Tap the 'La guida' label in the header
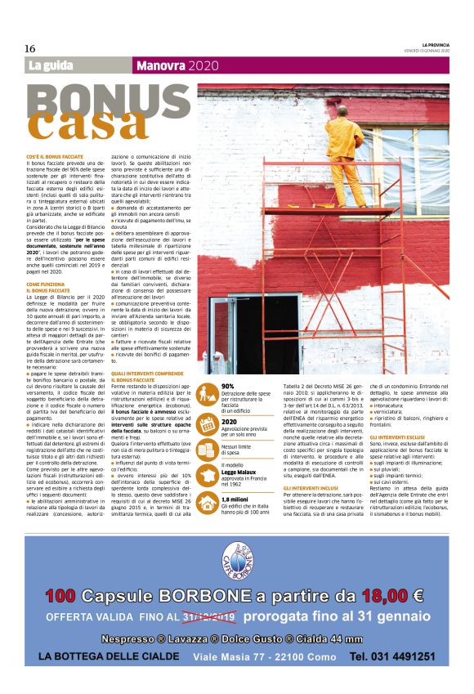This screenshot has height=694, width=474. pyautogui.click(x=50, y=65)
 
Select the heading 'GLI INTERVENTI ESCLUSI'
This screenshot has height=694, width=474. pyautogui.click(x=396, y=438)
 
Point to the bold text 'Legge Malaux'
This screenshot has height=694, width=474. pyautogui.click(x=239, y=448)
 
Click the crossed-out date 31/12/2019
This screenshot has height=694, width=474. pyautogui.click(x=210, y=616)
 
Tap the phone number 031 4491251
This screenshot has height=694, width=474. pyautogui.click(x=391, y=656)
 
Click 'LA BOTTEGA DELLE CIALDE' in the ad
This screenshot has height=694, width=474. pyautogui.click(x=109, y=657)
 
